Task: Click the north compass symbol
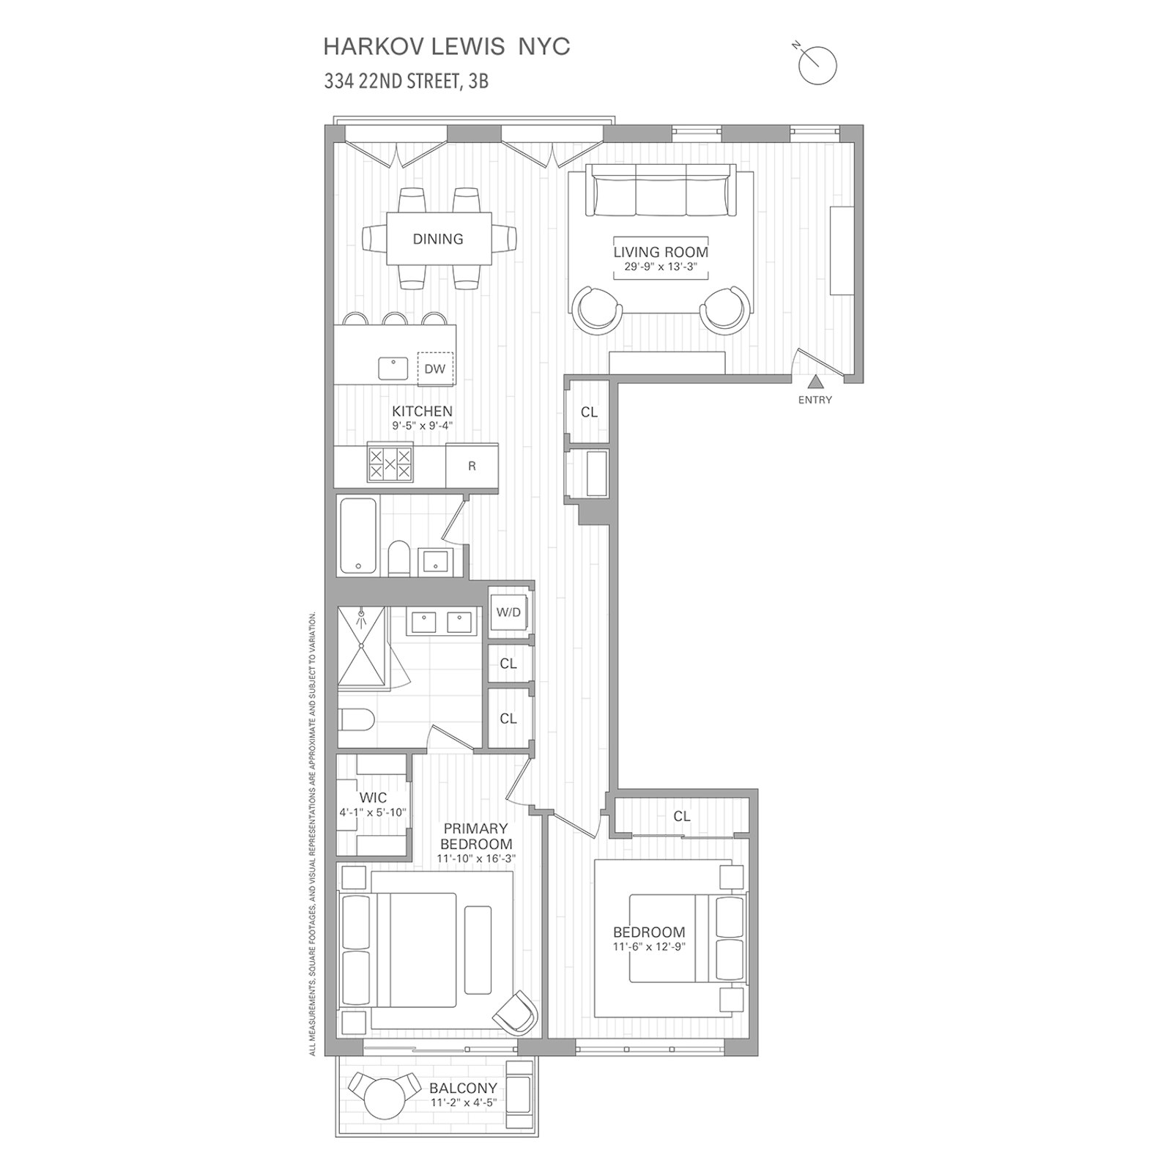click(817, 64)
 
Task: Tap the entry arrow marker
click(815, 382)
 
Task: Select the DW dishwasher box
click(435, 368)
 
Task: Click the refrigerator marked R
click(472, 466)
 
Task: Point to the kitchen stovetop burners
click(390, 463)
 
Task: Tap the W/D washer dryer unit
click(508, 612)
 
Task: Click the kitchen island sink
click(393, 368)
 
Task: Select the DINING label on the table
click(438, 239)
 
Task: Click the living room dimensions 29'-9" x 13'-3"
click(661, 267)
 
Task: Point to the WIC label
click(373, 798)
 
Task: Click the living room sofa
click(661, 190)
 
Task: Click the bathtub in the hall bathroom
click(358, 535)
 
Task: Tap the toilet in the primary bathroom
click(356, 719)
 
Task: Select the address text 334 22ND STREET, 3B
click(407, 81)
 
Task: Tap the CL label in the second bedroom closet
click(682, 816)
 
